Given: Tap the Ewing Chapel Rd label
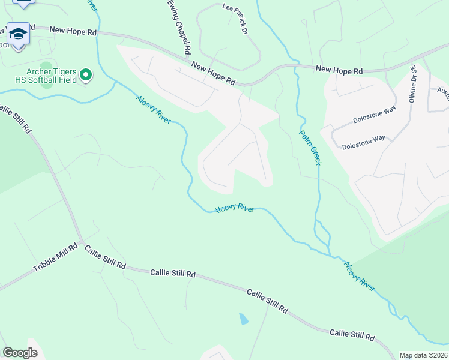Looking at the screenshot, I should (179, 28).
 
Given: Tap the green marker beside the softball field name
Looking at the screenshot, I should (86, 74).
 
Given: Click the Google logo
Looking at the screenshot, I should (20, 353).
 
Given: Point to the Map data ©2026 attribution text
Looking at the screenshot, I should (423, 355).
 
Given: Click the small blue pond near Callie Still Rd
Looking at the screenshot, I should (243, 319).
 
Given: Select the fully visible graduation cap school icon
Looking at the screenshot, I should (18, 34).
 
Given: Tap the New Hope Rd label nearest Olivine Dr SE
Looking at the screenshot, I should (340, 71).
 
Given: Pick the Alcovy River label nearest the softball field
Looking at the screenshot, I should (153, 110).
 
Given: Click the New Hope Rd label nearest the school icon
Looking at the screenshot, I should (73, 30).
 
